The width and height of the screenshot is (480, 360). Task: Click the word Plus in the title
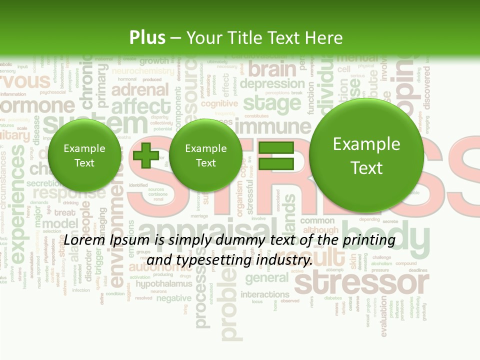pyautogui.click(x=147, y=37)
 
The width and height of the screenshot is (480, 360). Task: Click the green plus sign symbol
pyautogui.click(x=146, y=155)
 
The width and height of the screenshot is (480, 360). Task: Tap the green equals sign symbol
pyautogui.click(x=275, y=155)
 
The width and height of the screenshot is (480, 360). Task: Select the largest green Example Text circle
pyautogui.click(x=366, y=155)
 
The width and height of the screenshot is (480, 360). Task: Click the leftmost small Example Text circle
pyautogui.click(x=84, y=155)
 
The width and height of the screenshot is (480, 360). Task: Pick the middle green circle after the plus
pyautogui.click(x=205, y=155)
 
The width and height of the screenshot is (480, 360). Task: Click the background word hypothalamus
pyautogui.click(x=164, y=284)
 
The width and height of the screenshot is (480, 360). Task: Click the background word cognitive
pyautogui.click(x=219, y=103)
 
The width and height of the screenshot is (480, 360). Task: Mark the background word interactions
pyautogui.click(x=265, y=294)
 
